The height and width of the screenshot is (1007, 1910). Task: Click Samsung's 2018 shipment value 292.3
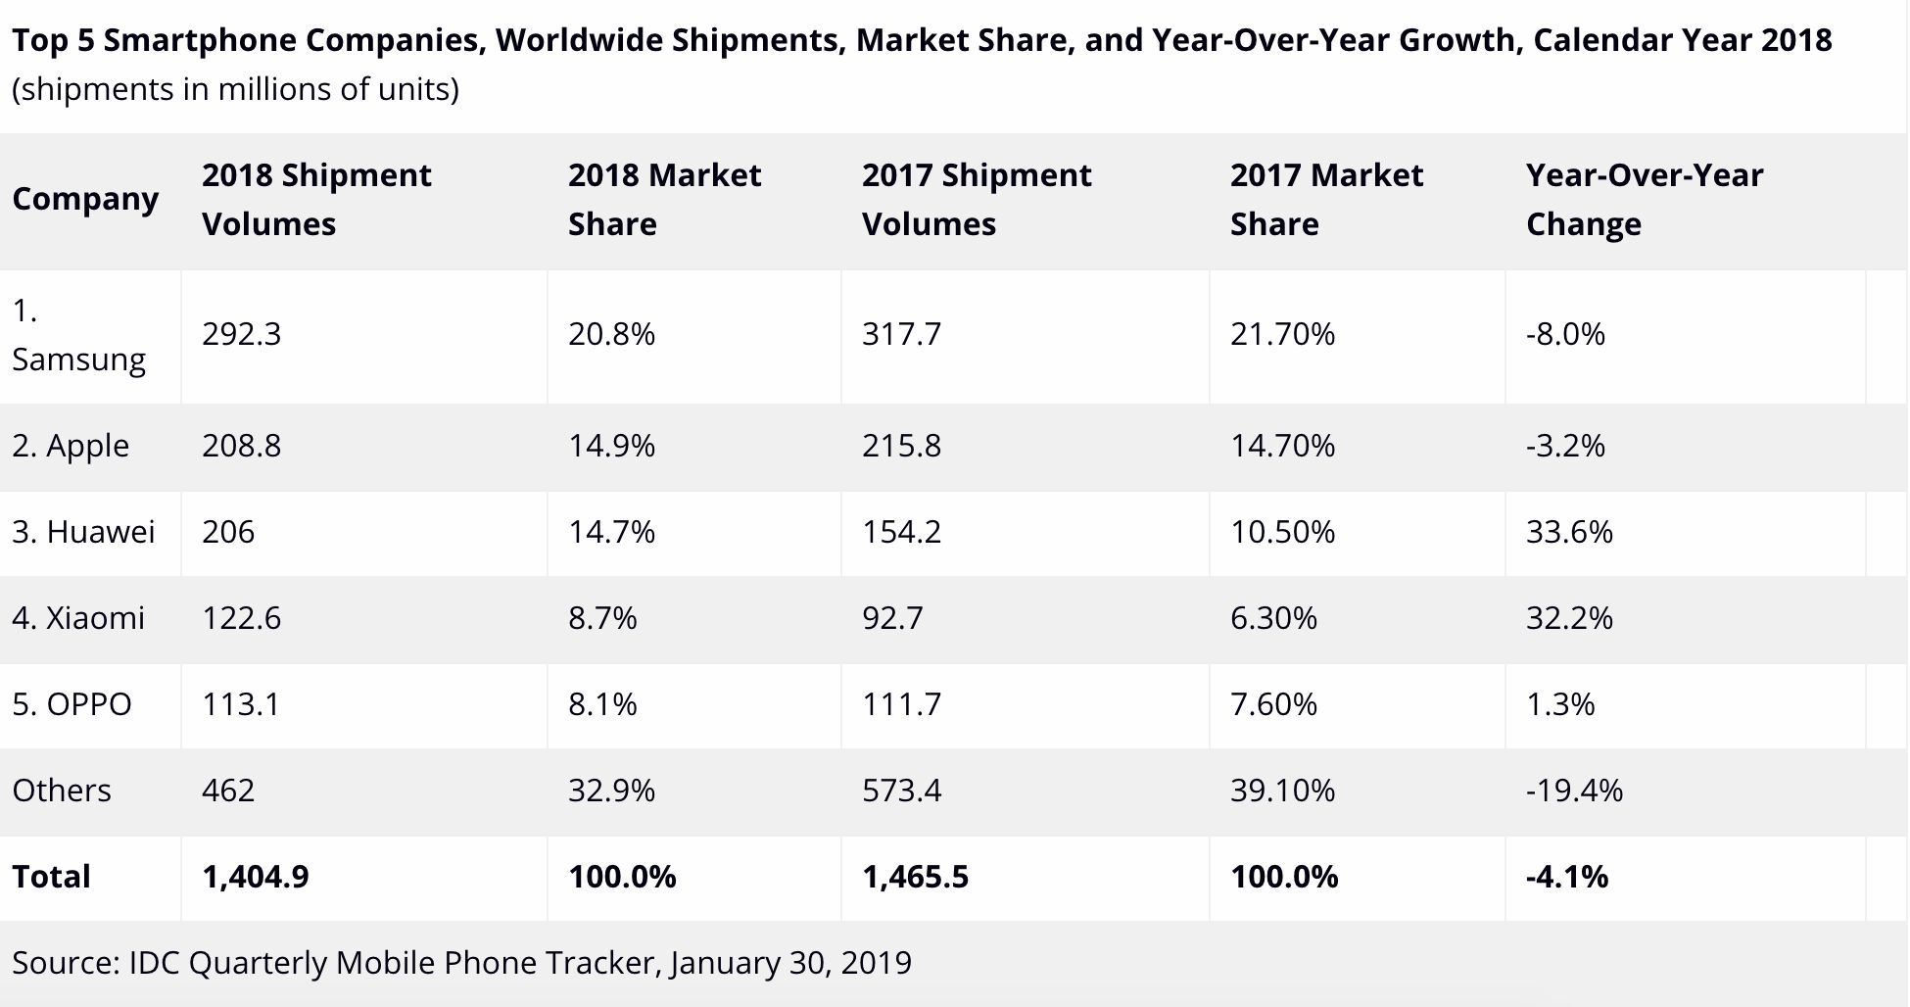pos(241,334)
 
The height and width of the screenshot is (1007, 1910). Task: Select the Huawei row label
pos(83,532)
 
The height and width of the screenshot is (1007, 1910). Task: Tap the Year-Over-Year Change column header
pos(1644,199)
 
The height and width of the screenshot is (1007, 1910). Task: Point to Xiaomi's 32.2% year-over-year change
pos(1568,618)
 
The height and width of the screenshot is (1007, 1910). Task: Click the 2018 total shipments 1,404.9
pos(255,877)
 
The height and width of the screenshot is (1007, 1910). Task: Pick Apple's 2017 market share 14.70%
pos(1282,446)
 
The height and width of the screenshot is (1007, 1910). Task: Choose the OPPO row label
pos(72,704)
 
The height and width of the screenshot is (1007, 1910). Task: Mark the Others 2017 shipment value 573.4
pos(901,791)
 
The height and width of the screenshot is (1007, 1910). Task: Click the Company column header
pos(85,199)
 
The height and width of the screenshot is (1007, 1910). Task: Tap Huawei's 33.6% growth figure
pos(1568,532)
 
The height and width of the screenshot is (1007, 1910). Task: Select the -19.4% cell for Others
pos(1574,791)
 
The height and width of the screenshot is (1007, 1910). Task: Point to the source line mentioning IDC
pos(461,963)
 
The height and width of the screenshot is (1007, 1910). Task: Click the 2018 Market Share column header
pos(664,199)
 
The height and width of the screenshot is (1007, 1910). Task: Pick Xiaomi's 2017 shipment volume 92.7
pos(891,618)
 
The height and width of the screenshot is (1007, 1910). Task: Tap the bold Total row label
pos(51,877)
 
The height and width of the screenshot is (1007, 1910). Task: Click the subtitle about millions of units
pos(235,89)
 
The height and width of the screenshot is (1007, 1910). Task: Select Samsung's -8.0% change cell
pos(1565,334)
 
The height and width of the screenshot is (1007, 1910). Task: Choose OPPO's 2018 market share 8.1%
pos(602,704)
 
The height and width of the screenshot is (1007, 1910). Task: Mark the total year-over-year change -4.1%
pos(1566,877)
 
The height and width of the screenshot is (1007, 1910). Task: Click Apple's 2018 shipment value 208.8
pos(241,446)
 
